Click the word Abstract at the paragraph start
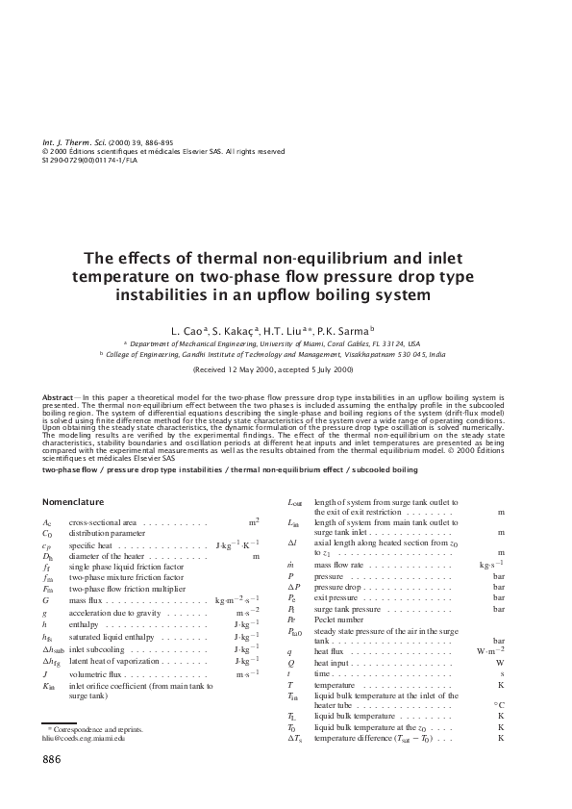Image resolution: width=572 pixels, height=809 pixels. point(60,396)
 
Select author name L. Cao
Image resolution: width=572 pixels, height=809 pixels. point(193,330)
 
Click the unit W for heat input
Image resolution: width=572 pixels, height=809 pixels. point(500,663)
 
